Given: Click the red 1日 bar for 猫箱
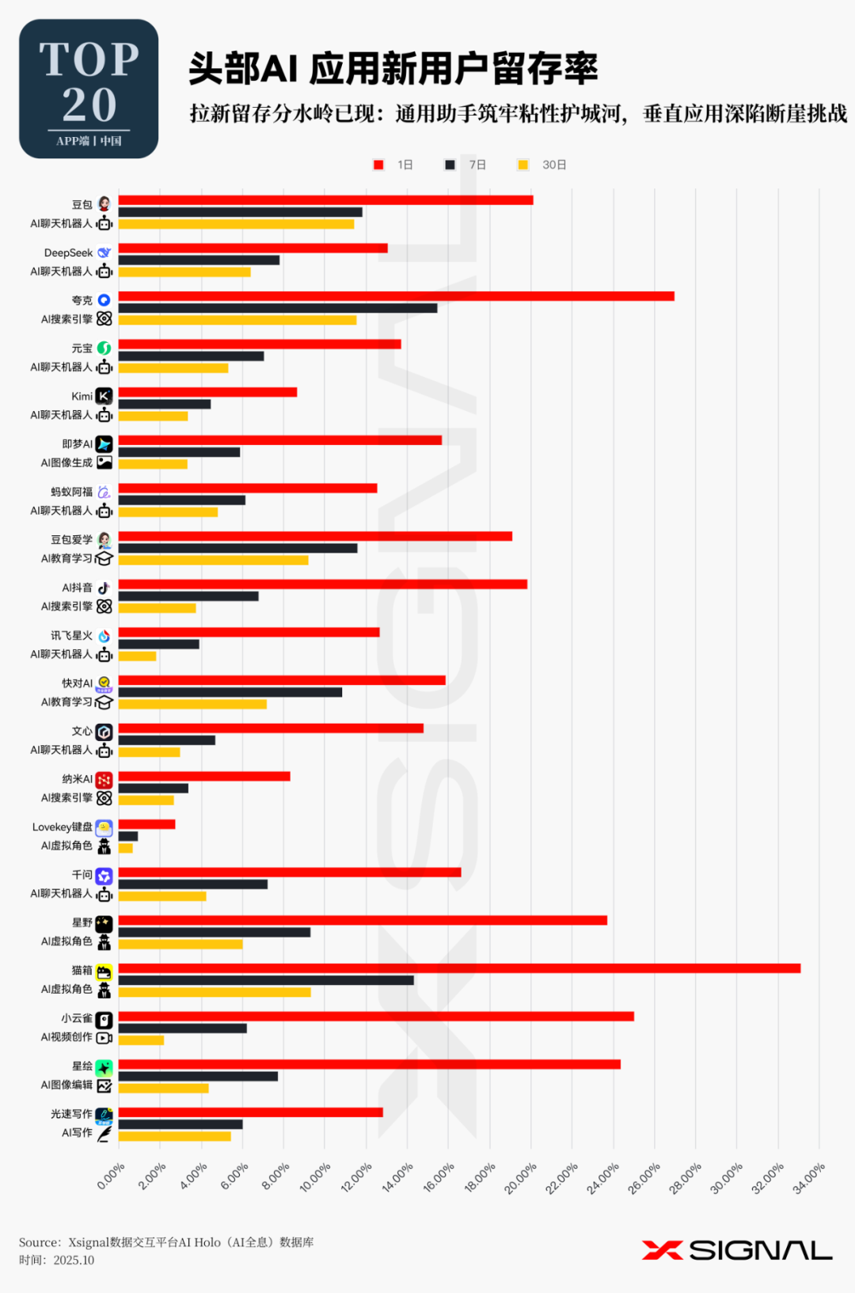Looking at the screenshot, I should (x=459, y=968).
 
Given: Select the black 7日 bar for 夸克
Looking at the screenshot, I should (x=277, y=308).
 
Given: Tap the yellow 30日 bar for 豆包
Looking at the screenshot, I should (x=236, y=224).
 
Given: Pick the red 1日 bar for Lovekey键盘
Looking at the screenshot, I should (x=146, y=824).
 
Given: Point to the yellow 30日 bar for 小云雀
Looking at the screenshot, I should (x=141, y=1040).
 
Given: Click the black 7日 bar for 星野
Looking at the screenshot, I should (x=214, y=933).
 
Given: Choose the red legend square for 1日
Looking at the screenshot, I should (x=378, y=165).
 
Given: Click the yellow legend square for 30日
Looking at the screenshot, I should (x=522, y=165).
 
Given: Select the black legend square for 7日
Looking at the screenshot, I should (x=450, y=165).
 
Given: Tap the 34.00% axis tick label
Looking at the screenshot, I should (x=810, y=1177).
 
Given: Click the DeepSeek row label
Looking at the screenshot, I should (x=68, y=253).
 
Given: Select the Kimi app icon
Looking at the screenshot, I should (x=104, y=396).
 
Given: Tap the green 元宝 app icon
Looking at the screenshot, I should (x=104, y=348).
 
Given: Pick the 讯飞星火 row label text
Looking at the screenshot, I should (x=71, y=636).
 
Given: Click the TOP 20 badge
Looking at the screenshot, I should (x=89, y=89).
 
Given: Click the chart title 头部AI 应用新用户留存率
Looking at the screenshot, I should (x=393, y=69).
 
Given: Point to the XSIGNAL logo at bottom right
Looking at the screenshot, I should (x=737, y=1250).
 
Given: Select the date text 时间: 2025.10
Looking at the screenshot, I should (x=57, y=1261).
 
